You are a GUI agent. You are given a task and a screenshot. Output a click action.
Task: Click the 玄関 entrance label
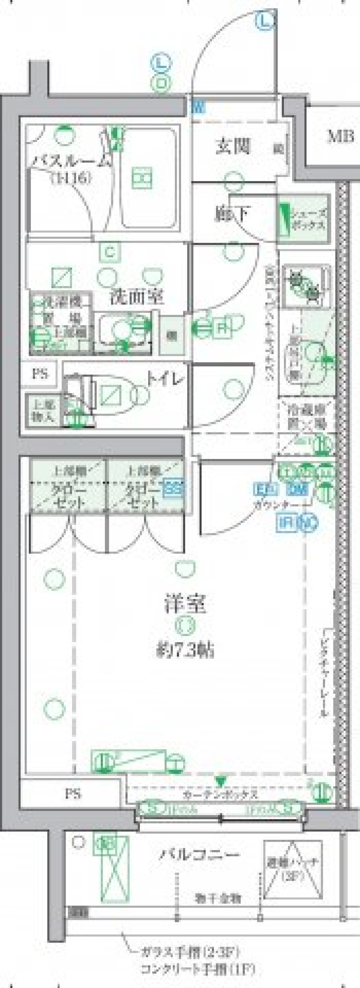coord(233,146)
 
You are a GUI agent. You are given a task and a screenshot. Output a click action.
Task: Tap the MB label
coord(340,137)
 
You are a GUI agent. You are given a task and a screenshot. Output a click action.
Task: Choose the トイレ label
coord(166,380)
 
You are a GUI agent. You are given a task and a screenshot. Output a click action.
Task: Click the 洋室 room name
coord(185,604)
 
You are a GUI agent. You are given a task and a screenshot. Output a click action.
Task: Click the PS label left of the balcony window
coord(72,793)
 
